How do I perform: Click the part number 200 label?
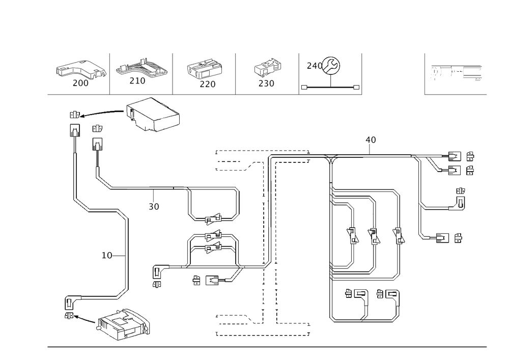[80, 84]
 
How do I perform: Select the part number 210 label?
[138, 81]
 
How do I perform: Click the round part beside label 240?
[332, 67]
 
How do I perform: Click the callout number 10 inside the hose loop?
[107, 256]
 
